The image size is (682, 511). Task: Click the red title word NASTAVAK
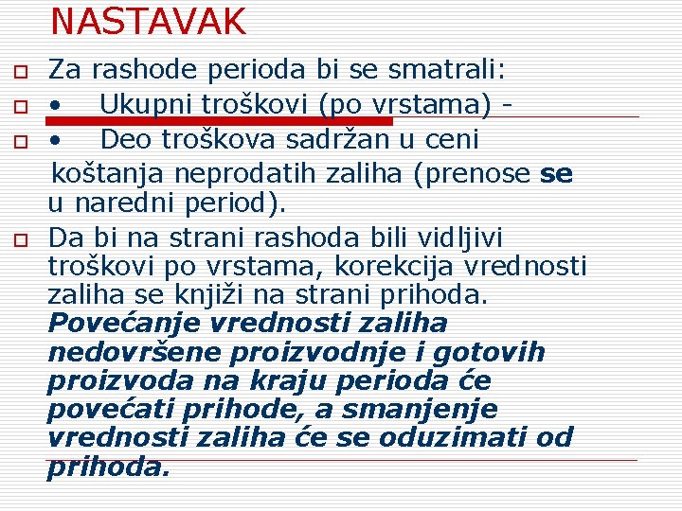148,21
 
